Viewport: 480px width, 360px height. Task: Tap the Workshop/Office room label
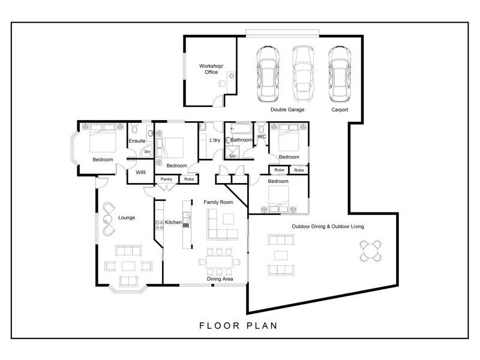point(211,69)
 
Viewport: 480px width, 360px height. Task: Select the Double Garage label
point(287,110)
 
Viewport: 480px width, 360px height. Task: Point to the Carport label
point(340,110)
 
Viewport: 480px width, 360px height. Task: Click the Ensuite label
point(137,140)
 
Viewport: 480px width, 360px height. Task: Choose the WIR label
point(141,172)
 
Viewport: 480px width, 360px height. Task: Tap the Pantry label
point(166,179)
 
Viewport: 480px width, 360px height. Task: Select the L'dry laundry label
point(214,140)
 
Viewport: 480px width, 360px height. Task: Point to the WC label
point(262,137)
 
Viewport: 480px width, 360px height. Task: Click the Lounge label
point(127,217)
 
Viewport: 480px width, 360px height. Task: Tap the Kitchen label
point(173,223)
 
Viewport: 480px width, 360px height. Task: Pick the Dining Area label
point(220,279)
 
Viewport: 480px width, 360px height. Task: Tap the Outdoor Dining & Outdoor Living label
point(328,226)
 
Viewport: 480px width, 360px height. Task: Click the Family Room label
point(218,202)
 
